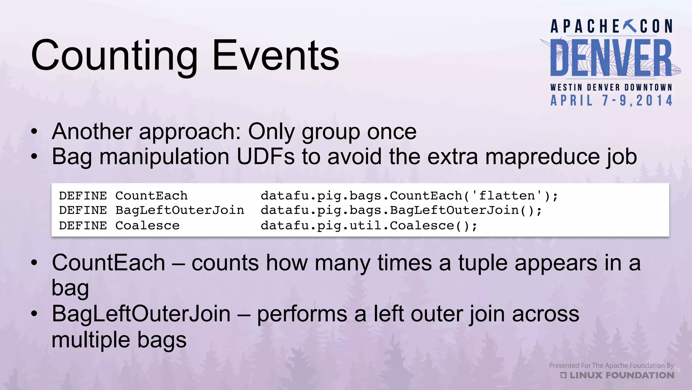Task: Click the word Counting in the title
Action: pos(114,56)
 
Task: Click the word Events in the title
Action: pos(275,56)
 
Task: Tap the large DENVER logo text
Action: pos(611,58)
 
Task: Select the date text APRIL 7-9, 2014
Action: pos(611,101)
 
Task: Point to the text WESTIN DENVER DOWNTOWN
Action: pos(611,87)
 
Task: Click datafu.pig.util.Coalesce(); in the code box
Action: pos(369,225)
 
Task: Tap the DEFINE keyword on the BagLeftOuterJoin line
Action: pos(83,210)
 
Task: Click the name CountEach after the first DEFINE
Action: pos(151,196)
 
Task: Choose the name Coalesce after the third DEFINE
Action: pos(147,225)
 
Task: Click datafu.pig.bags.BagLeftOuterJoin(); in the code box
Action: pos(401,210)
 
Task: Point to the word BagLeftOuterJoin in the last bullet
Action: pos(141,314)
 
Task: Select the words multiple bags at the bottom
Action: pos(119,340)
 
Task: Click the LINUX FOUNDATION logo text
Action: pos(621,375)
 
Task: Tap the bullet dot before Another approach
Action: pos(34,132)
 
